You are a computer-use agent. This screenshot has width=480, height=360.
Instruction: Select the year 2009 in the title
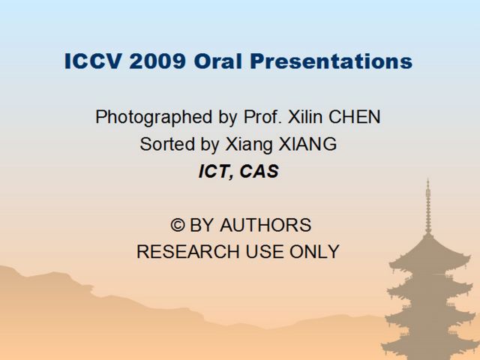point(157,61)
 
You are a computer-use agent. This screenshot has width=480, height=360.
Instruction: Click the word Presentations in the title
point(331,61)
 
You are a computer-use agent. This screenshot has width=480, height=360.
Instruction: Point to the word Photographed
point(154,117)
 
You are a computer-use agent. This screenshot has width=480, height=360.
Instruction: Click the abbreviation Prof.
point(262,117)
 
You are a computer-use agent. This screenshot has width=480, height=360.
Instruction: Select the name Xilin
point(305,117)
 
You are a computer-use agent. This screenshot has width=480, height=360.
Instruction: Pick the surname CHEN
point(355,117)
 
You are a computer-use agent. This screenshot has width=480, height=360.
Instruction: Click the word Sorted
point(167,144)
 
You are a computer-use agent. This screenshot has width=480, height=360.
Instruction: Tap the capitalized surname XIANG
point(307,144)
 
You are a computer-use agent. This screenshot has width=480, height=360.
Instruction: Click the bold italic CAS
point(259,171)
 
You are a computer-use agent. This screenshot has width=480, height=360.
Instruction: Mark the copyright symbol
point(178,225)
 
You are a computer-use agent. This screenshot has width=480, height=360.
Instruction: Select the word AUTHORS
point(265,225)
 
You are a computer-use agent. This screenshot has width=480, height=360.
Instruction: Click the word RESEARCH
point(188,252)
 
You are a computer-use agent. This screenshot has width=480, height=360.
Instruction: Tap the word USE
point(265,252)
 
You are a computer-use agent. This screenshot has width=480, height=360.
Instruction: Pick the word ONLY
point(314,252)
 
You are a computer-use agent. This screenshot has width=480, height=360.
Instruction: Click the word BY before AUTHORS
point(202,225)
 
